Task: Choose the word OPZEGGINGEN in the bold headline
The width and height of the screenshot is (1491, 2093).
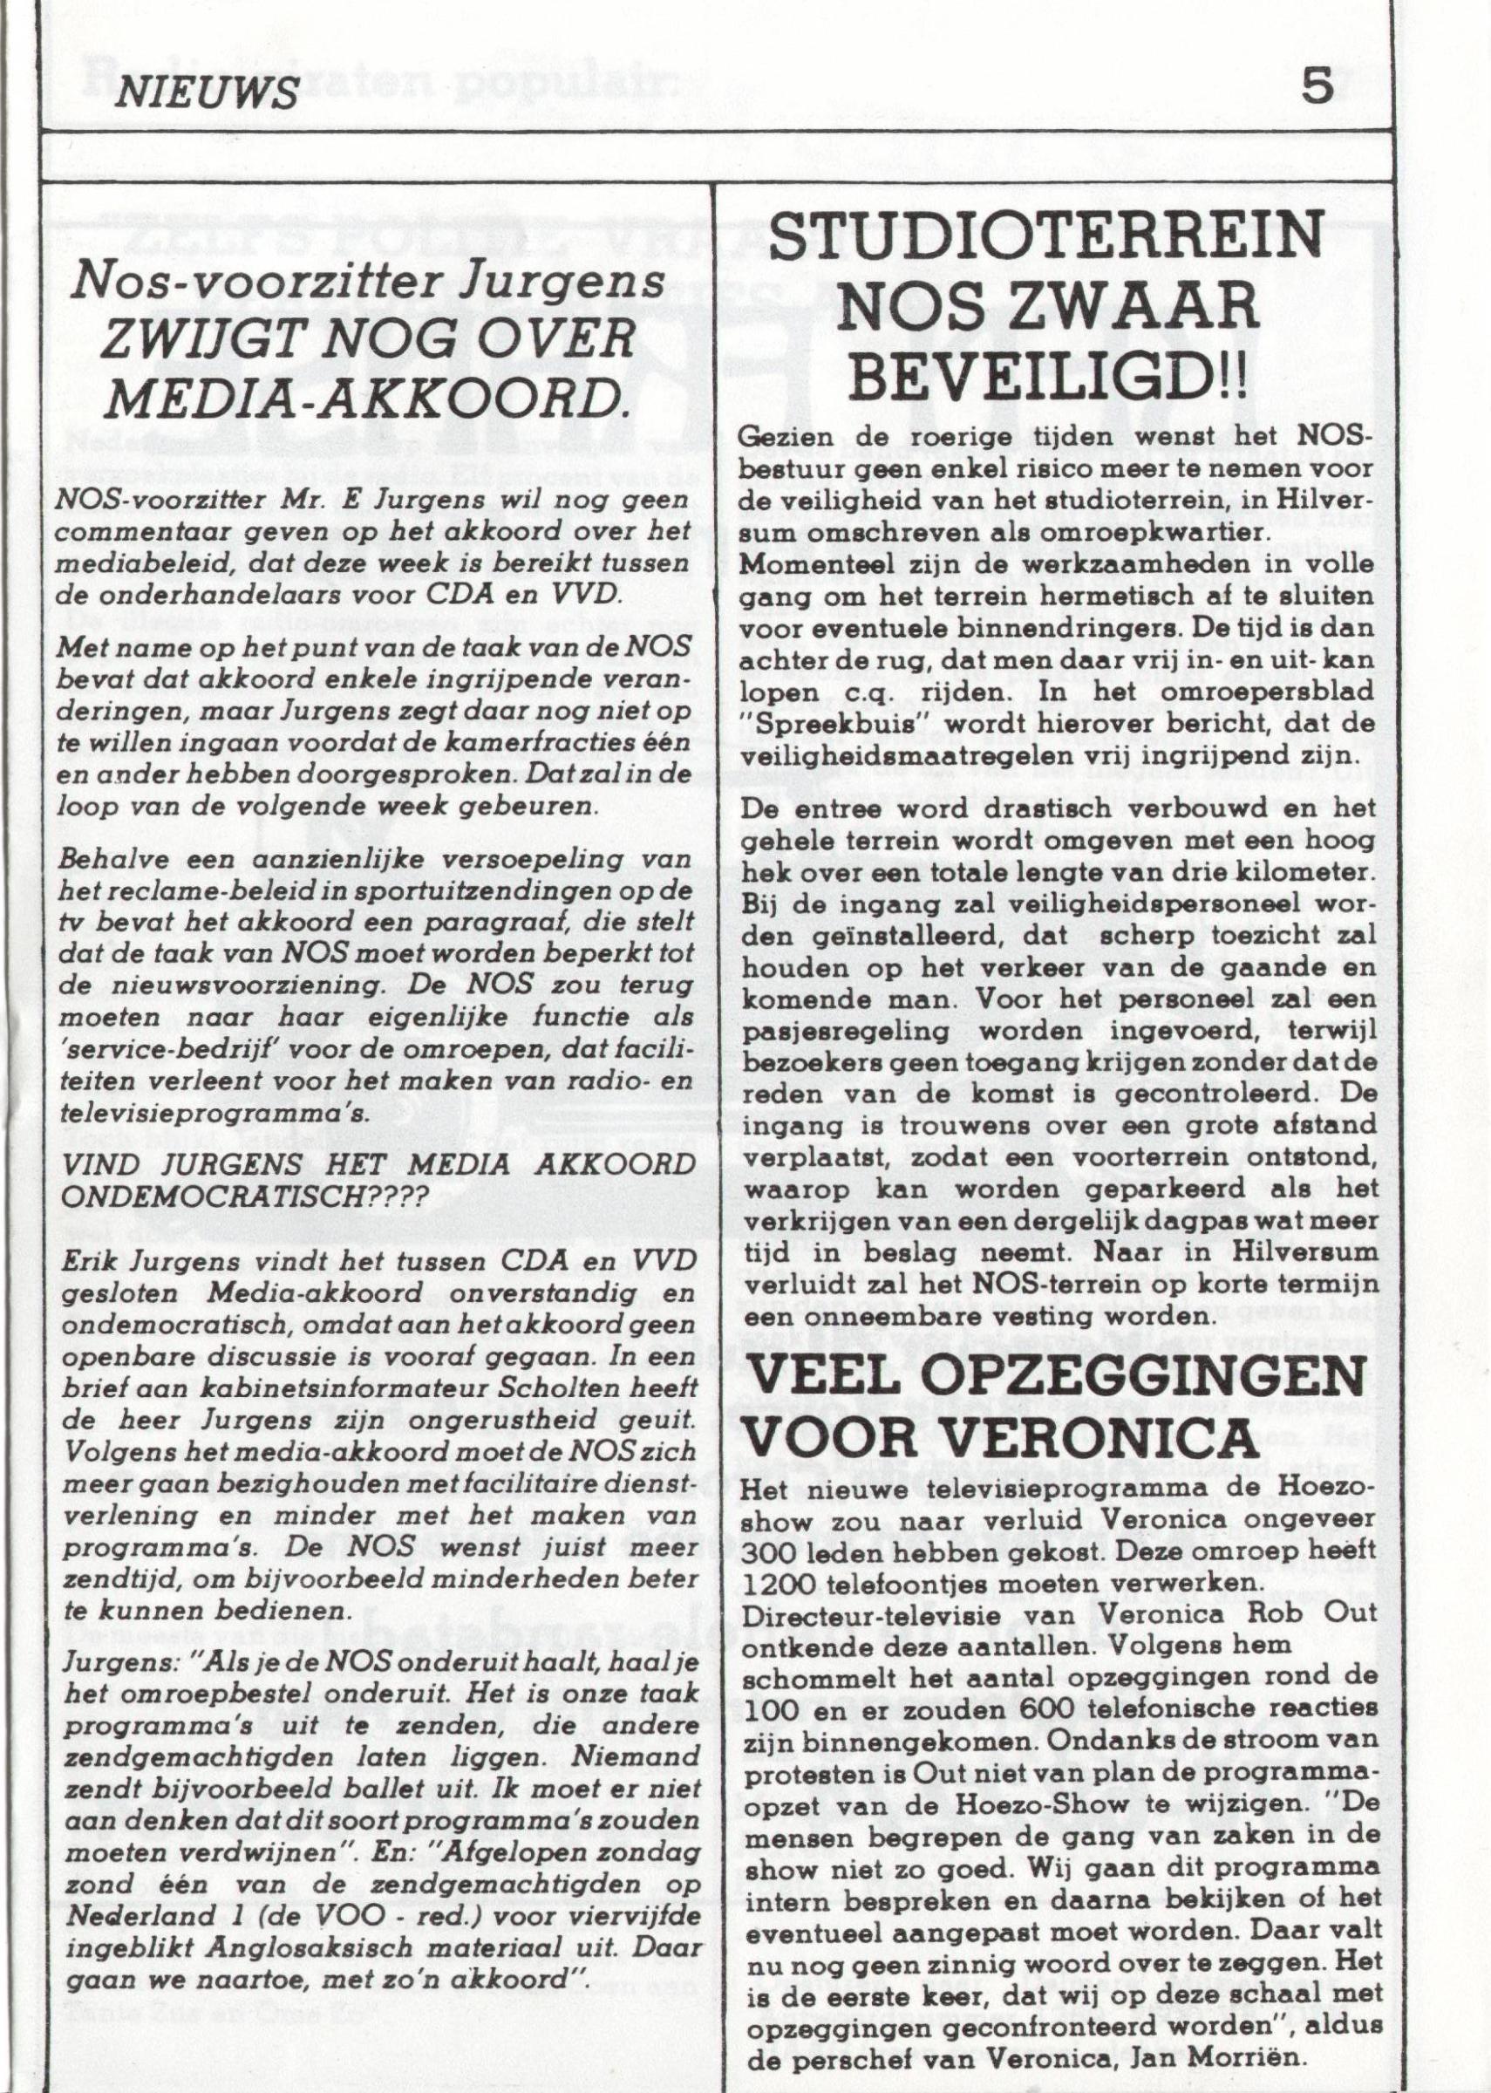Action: (1164, 1391)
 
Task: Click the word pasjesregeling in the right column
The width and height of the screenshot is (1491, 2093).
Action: (830, 1032)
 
